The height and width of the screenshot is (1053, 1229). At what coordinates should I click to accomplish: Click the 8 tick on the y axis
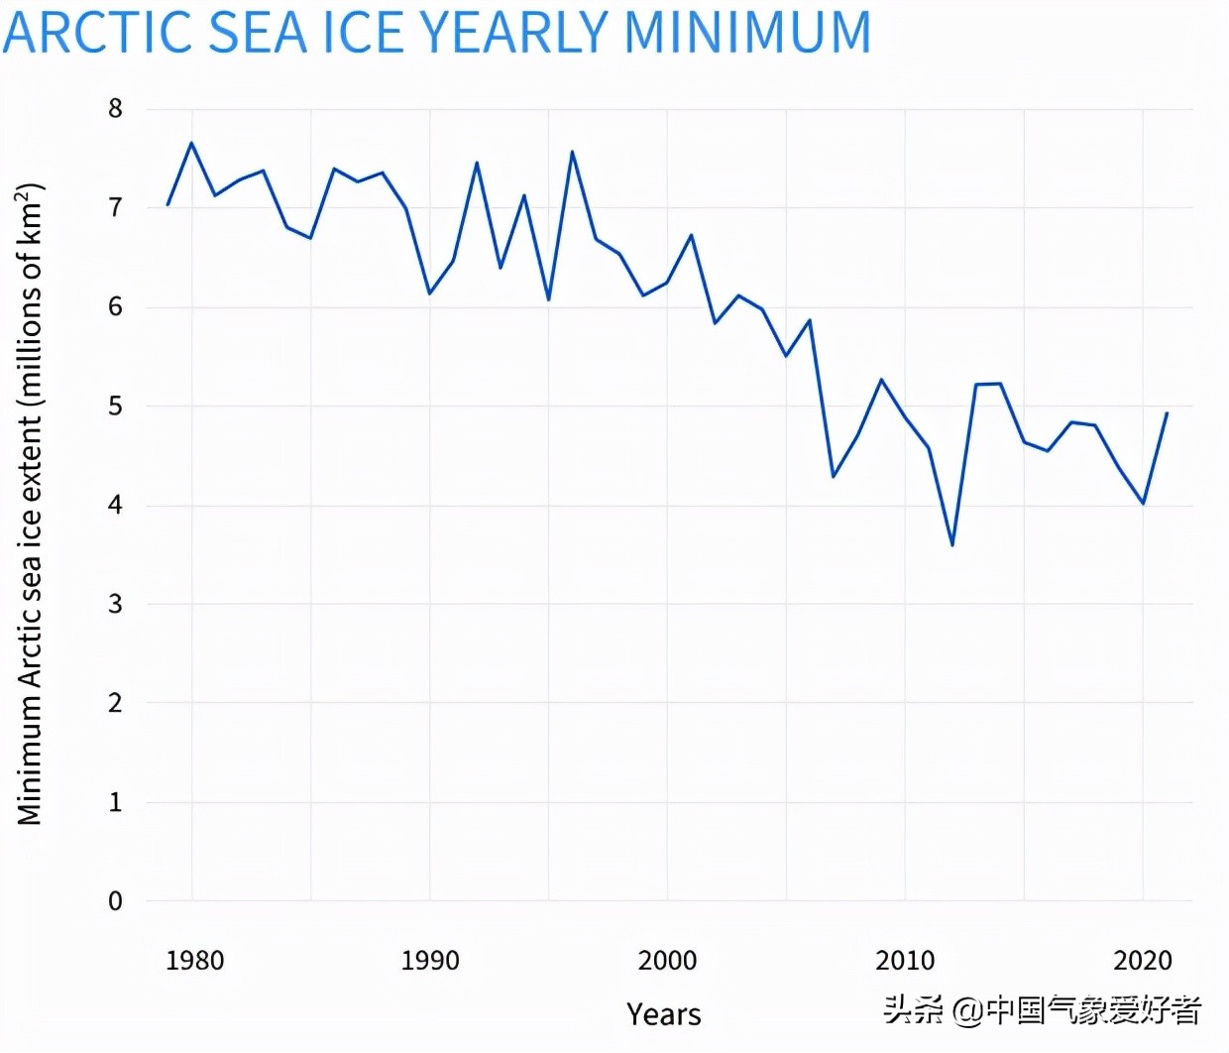tap(116, 109)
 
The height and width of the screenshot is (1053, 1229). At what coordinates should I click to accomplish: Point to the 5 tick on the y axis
tap(116, 407)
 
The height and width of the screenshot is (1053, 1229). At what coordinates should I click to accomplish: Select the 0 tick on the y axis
tap(116, 901)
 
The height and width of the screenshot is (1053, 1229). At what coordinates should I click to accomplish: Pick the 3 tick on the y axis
tap(116, 604)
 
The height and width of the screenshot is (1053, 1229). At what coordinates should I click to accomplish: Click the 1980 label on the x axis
tap(194, 961)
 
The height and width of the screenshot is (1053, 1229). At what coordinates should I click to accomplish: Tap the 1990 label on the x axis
tap(430, 961)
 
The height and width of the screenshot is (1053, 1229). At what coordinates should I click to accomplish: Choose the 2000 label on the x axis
tap(667, 961)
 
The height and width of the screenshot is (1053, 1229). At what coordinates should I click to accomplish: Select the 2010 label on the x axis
tap(905, 961)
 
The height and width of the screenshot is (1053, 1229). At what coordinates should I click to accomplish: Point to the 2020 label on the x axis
tap(1143, 961)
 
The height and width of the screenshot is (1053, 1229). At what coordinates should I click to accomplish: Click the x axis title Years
tap(664, 1014)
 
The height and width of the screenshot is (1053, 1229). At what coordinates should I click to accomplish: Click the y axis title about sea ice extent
tap(30, 504)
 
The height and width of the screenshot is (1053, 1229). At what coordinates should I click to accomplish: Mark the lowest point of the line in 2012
tap(952, 545)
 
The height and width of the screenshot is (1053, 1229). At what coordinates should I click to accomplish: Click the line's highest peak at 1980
tap(191, 143)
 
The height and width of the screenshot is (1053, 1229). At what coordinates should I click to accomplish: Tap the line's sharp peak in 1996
tap(572, 152)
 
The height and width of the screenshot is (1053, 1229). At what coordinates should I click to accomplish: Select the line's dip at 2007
tap(834, 477)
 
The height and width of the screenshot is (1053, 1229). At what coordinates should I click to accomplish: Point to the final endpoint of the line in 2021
tap(1167, 413)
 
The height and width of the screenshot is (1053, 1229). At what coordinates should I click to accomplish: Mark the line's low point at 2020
tap(1143, 504)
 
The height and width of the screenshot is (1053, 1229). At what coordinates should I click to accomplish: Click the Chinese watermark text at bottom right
tap(1043, 1010)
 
